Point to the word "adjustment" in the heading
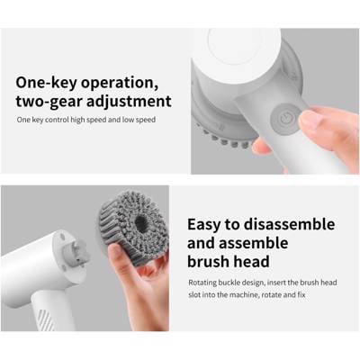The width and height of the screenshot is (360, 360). coord(129,102)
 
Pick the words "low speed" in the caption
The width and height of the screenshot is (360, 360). coord(139,120)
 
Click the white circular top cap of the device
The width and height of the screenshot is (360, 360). coord(237,53)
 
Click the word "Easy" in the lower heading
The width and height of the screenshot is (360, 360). coord(203,225)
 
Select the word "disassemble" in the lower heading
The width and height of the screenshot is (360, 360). coord(289,224)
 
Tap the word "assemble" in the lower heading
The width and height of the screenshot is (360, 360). coord(254,243)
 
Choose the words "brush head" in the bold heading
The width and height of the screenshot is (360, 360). coord(229,261)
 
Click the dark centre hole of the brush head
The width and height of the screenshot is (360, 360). coord(140,223)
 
